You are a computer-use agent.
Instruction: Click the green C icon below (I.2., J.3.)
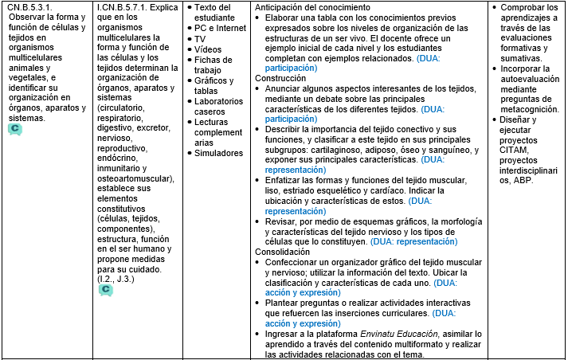pyautogui.click(x=105, y=290)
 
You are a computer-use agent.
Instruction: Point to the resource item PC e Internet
pyautogui.click(x=221, y=28)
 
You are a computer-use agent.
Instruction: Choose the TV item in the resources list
pyautogui.click(x=200, y=38)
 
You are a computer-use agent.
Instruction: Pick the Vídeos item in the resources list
pyautogui.click(x=208, y=49)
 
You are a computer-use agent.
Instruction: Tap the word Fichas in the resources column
pyautogui.click(x=209, y=60)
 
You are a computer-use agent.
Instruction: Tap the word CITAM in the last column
pyautogui.click(x=515, y=149)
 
